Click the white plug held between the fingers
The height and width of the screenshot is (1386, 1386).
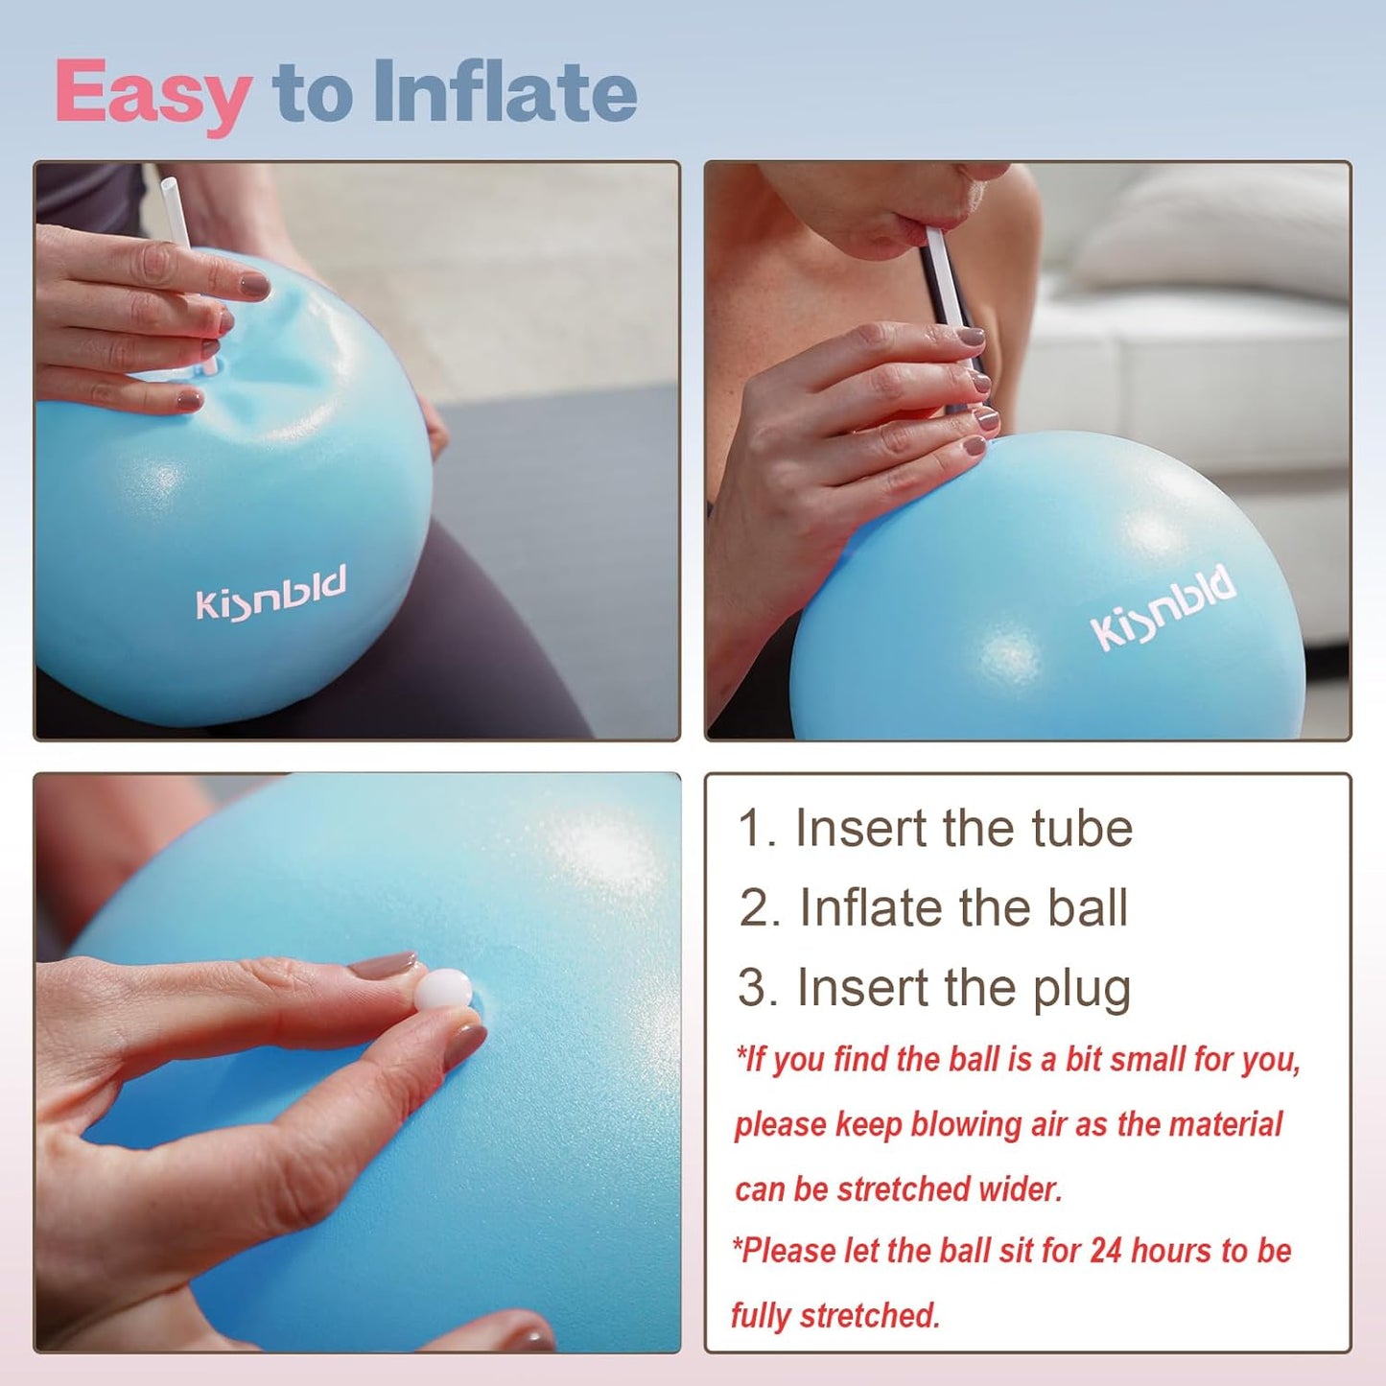pos(443,989)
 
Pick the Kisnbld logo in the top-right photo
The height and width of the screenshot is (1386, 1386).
pos(1163,607)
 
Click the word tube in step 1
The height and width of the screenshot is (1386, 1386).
pos(1082,828)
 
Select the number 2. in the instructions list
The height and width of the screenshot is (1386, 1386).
pos(760,908)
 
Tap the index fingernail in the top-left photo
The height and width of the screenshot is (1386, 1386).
pos(254,285)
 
